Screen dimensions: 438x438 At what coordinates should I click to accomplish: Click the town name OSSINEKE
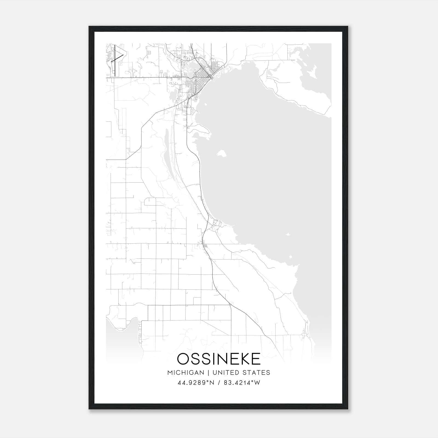coord(219,359)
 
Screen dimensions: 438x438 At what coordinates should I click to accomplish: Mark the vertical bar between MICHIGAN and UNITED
coord(208,373)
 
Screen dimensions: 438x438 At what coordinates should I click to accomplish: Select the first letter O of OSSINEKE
coord(183,359)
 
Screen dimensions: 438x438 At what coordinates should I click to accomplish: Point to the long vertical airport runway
coord(115,60)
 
